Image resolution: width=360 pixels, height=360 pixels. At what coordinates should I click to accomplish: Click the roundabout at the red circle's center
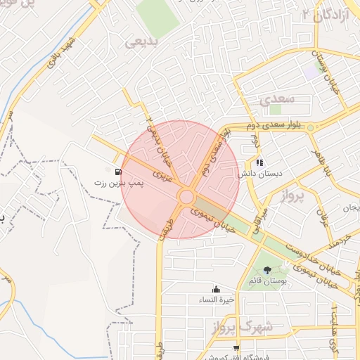click(187, 197)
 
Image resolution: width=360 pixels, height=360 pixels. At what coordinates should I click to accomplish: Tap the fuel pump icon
click(117, 170)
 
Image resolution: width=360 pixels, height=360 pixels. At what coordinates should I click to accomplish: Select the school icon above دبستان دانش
click(259, 162)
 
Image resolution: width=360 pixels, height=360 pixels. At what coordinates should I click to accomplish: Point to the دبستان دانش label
click(260, 174)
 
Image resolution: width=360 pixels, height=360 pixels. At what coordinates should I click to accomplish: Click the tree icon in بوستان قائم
click(266, 270)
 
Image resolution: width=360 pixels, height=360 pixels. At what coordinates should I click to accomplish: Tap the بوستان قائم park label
click(266, 281)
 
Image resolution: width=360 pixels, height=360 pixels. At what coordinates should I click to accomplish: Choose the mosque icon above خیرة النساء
click(216, 289)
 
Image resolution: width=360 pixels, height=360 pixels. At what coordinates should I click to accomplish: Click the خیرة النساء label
click(216, 300)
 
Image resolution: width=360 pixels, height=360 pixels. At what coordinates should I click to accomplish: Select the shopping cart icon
click(236, 347)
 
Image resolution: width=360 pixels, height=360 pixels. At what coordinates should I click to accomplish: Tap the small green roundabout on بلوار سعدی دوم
click(310, 127)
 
